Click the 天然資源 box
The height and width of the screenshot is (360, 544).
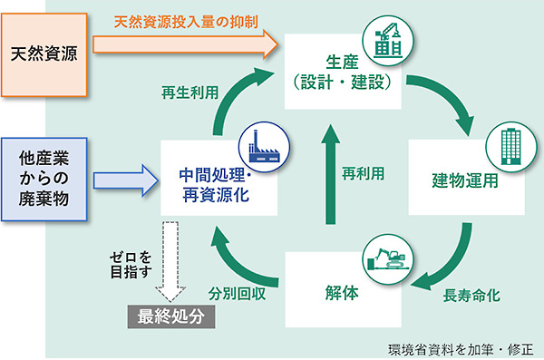point(44,50)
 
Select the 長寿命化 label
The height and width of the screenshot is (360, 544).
point(471,296)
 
